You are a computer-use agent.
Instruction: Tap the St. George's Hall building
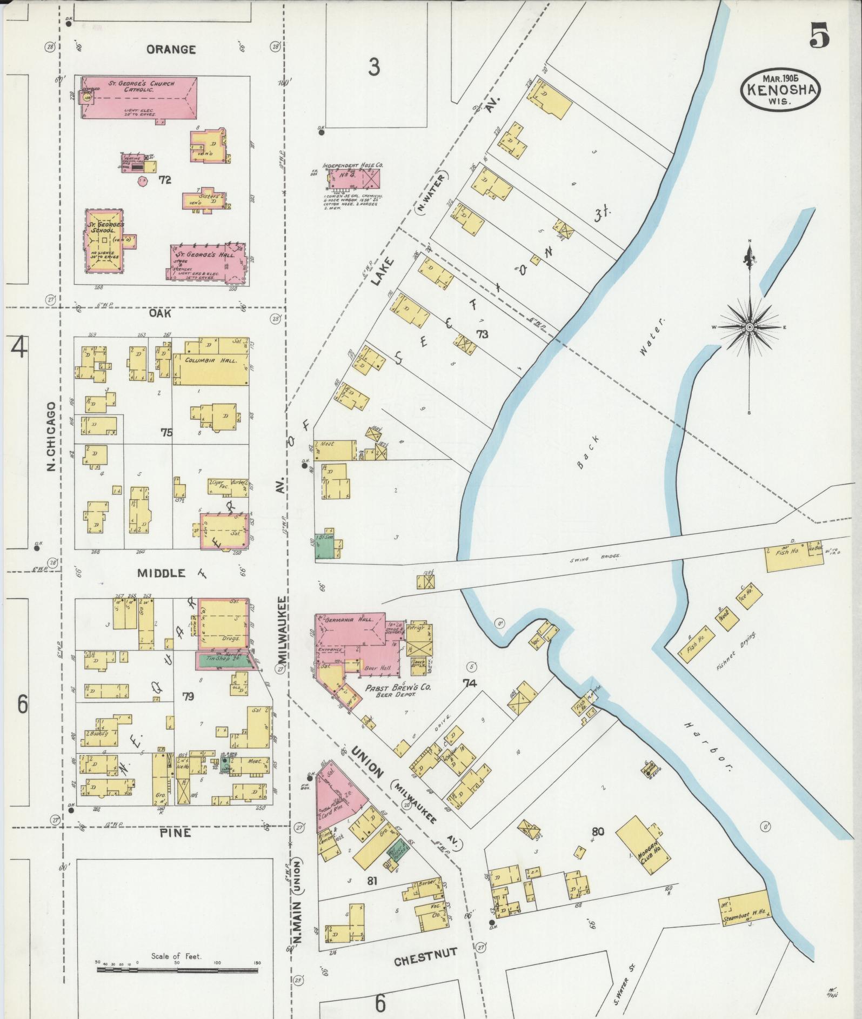[208, 263]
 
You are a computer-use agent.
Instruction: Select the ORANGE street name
[171, 50]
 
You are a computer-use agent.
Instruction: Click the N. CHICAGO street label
[51, 436]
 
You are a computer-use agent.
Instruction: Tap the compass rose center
[750, 327]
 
